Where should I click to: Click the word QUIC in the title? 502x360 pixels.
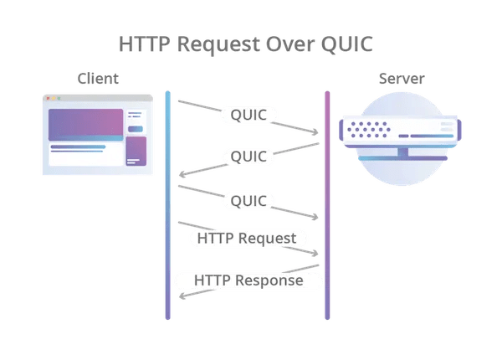point(347,44)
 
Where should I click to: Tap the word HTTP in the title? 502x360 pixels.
point(145,44)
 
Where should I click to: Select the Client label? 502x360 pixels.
point(98,79)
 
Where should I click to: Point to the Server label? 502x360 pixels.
point(402,79)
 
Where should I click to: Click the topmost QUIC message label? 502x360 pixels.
point(248,115)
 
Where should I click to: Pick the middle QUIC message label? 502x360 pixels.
point(248,157)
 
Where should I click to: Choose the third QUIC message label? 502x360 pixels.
point(248,201)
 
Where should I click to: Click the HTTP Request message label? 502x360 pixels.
point(247,239)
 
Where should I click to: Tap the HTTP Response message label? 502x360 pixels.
point(248,280)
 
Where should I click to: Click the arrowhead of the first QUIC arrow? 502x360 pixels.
point(315,131)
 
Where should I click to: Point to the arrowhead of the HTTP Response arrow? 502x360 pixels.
point(182,296)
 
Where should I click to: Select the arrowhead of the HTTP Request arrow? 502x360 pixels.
point(315,253)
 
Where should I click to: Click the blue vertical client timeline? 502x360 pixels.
point(168,205)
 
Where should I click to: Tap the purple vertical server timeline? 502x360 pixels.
point(327,205)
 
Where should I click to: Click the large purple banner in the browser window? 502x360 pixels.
point(86,125)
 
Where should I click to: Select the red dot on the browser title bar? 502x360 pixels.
point(48,98)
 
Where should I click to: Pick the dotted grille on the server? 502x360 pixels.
point(369,130)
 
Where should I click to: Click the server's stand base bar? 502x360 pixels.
point(402,158)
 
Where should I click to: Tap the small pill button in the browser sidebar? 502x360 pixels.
point(136,129)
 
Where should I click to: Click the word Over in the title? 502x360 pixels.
point(290,44)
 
